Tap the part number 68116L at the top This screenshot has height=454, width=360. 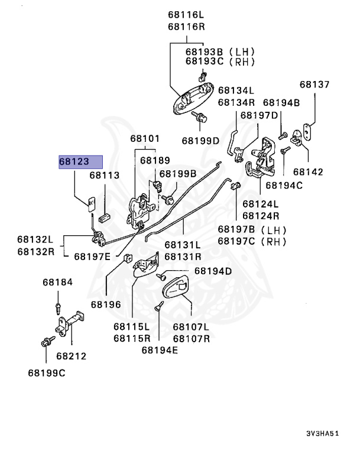tap(186, 15)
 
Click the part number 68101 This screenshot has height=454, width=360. tap(145, 139)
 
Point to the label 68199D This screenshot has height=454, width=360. tap(200, 141)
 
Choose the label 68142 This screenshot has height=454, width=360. tap(309, 172)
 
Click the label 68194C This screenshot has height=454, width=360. tap(284, 185)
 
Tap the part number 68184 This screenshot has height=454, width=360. tap(57, 283)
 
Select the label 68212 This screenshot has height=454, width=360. tap(72, 356)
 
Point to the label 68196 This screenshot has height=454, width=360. tap(105, 304)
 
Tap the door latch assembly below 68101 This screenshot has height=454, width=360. tap(142, 210)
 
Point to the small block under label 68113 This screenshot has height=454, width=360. tap(106, 217)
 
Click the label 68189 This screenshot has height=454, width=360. tap(155, 160)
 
